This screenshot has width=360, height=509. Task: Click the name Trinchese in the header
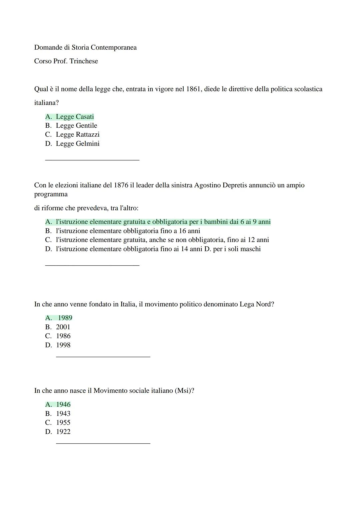[x=84, y=61]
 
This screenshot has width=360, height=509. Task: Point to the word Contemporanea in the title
[x=113, y=48]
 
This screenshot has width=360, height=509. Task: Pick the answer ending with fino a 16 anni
[x=128, y=231]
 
